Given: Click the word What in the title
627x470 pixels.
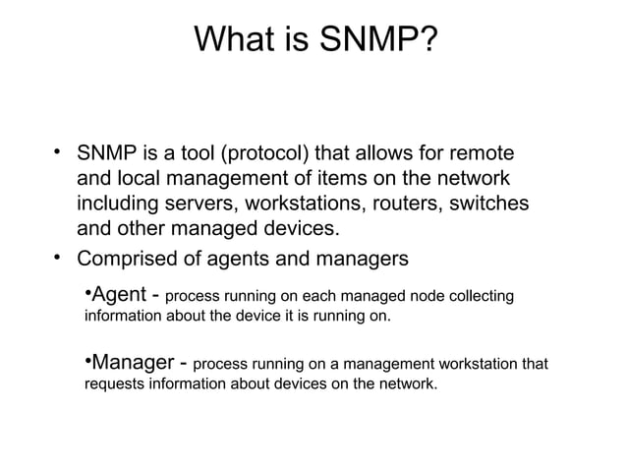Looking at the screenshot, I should [234, 40].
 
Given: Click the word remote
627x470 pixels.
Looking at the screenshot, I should [483, 155].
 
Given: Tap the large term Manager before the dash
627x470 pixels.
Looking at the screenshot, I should [133, 362].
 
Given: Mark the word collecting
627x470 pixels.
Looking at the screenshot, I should [469, 296].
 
